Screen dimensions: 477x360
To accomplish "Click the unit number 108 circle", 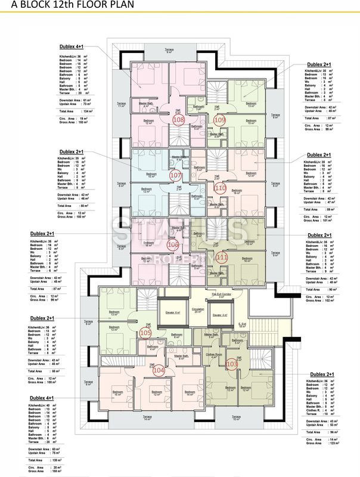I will tap(178, 120).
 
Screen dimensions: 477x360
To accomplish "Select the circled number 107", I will tap(175, 176).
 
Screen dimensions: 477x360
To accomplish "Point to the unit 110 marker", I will tap(220, 188).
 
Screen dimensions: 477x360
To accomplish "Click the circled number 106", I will tap(173, 244).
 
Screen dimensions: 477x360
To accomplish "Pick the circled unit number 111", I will tap(222, 257).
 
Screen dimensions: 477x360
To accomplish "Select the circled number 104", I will tap(159, 370).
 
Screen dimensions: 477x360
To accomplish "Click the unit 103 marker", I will tap(232, 363).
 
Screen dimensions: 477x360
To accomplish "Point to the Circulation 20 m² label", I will tap(197, 310).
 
